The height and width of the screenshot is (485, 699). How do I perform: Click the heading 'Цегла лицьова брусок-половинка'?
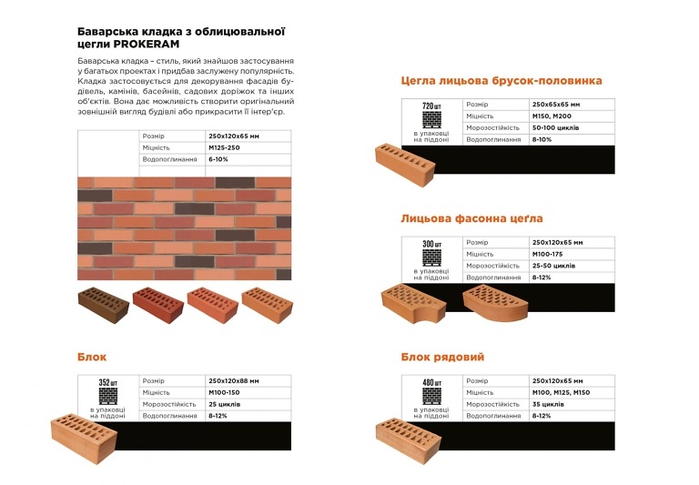[x=501, y=81]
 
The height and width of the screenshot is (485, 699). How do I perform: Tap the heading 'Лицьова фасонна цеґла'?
[x=471, y=218]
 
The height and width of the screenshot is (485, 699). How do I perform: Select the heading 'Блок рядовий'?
[x=442, y=357]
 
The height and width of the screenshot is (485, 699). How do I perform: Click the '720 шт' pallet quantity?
[x=431, y=106]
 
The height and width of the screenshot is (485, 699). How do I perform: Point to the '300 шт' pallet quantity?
[x=431, y=244]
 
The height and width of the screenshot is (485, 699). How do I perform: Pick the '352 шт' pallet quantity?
[x=108, y=382]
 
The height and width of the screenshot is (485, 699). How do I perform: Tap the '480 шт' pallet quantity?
[x=431, y=382]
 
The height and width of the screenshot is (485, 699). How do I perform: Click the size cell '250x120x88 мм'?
[x=234, y=381]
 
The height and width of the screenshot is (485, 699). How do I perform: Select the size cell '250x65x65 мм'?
[x=556, y=105]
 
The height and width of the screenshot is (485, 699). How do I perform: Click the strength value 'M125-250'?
[x=224, y=147]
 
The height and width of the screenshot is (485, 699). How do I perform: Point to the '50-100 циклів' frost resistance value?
[x=555, y=128]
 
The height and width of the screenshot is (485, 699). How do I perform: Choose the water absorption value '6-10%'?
[x=218, y=159]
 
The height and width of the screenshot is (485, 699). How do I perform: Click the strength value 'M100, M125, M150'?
[x=561, y=393]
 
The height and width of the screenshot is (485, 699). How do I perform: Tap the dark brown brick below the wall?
[x=104, y=305]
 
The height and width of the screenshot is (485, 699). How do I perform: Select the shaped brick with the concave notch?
[x=414, y=303]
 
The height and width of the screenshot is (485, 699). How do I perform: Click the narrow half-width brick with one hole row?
[x=405, y=164]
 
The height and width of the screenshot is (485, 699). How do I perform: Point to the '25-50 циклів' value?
[x=553, y=266]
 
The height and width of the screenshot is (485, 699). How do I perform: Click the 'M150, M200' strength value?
[x=552, y=116]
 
